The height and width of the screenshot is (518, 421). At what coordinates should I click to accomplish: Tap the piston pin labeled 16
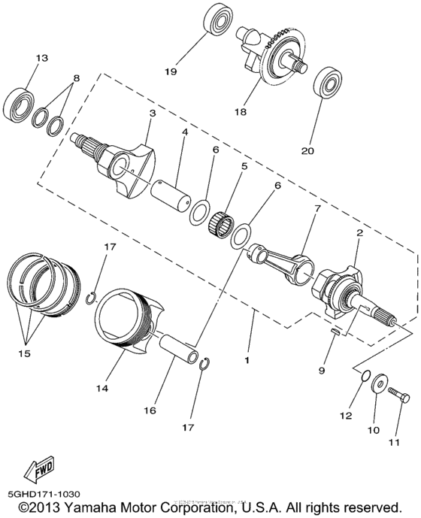coord(180,349)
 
